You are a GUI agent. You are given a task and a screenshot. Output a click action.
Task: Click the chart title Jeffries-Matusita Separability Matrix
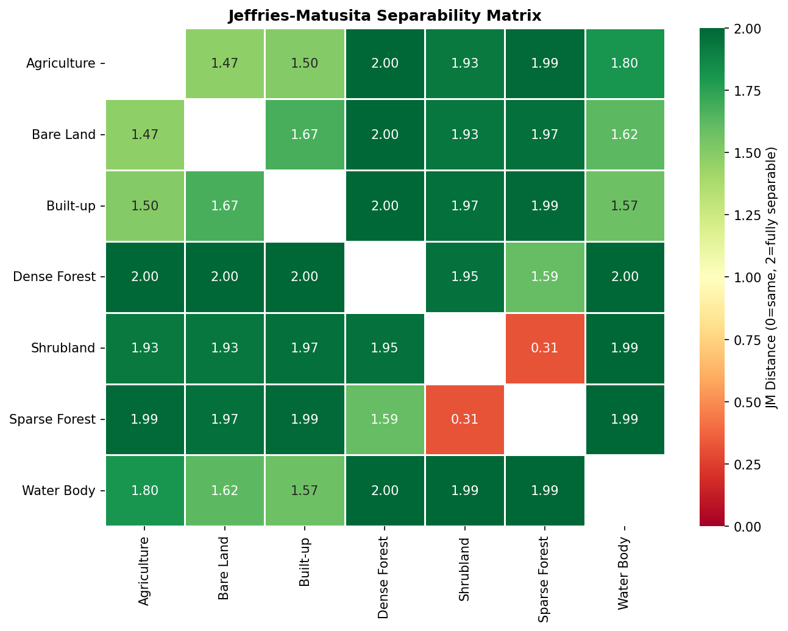pyautogui.click(x=385, y=15)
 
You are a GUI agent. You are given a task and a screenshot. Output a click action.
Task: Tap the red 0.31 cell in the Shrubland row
pyautogui.click(x=545, y=348)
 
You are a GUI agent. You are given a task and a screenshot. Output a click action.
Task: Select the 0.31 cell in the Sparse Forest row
pyautogui.click(x=465, y=419)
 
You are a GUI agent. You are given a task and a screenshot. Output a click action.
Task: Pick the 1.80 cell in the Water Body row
pyautogui.click(x=145, y=491)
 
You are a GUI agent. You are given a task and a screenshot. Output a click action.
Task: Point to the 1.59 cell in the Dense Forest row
pyautogui.click(x=545, y=277)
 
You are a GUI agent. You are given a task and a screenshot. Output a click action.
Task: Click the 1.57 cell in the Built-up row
pyautogui.click(x=625, y=205)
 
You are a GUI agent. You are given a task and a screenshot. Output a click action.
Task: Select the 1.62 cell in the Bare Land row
pyautogui.click(x=625, y=134)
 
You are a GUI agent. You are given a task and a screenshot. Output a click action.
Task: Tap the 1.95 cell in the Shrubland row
pyautogui.click(x=385, y=348)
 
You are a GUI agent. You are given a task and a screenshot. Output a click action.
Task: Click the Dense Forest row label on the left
pyautogui.click(x=54, y=277)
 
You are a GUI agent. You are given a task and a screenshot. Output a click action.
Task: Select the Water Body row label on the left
pyautogui.click(x=59, y=491)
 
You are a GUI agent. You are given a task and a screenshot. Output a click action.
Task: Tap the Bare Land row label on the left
pyautogui.click(x=63, y=134)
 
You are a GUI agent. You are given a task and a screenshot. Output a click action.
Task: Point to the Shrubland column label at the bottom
pyautogui.click(x=464, y=569)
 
